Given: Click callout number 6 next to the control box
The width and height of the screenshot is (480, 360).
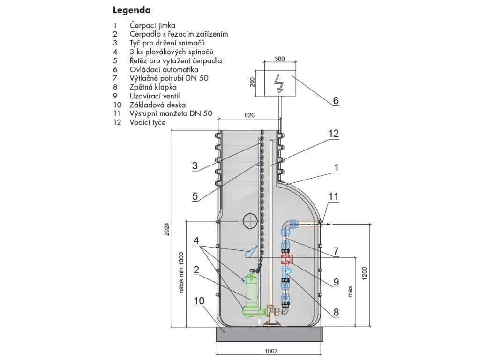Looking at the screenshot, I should coord(336,100).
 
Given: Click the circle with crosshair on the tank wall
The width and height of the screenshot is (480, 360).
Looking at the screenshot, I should coord(250,220).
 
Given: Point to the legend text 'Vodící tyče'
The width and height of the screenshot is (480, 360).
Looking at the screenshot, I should coord(148,122).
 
